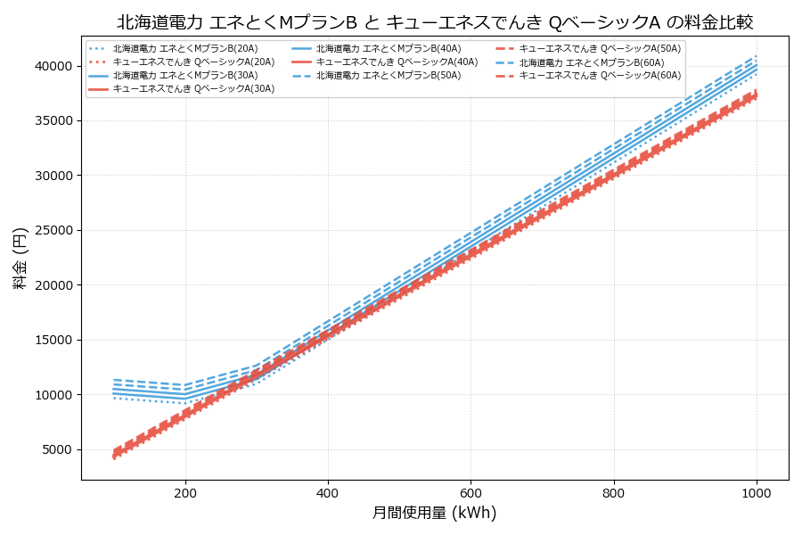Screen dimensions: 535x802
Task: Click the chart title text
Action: [x=435, y=22]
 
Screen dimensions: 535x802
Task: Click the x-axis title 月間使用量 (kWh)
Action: [x=434, y=514]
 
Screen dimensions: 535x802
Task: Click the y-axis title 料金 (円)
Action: [x=20, y=258]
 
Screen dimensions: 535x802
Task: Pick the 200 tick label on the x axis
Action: [x=185, y=492]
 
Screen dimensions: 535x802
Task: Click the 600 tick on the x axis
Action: [x=471, y=492]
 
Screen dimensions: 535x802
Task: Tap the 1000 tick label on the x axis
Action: [x=757, y=492]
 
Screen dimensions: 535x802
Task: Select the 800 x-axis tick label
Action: [x=614, y=492]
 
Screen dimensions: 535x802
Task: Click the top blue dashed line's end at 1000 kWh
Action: [x=757, y=55]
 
